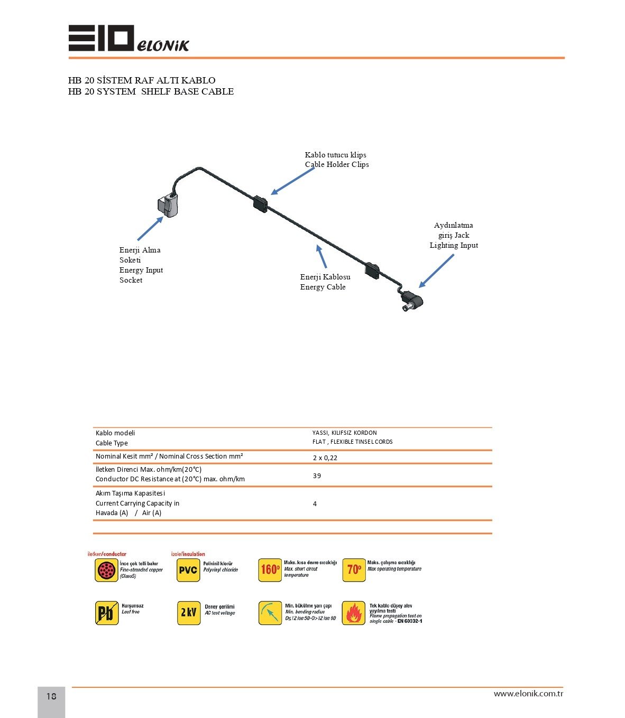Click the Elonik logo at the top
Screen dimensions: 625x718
click(128, 38)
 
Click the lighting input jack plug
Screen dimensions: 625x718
click(412, 301)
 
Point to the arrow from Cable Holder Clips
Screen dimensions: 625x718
click(292, 181)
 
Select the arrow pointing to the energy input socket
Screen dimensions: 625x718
click(150, 228)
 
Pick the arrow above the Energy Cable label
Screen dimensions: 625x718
click(321, 257)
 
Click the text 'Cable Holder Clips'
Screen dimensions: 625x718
click(337, 164)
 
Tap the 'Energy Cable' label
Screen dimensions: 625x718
click(323, 287)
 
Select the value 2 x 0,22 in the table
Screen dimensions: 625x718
click(325, 458)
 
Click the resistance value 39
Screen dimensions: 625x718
click(317, 476)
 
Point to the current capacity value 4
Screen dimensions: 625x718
click(315, 504)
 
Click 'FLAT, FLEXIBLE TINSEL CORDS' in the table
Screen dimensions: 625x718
click(352, 442)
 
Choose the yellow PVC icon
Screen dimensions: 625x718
click(188, 570)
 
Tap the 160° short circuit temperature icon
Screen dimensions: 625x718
click(270, 570)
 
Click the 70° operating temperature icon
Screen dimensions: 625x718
click(354, 570)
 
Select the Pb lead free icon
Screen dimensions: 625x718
click(107, 613)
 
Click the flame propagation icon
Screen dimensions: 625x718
click(353, 613)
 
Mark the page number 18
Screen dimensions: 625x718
click(51, 696)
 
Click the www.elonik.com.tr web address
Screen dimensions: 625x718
click(528, 694)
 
